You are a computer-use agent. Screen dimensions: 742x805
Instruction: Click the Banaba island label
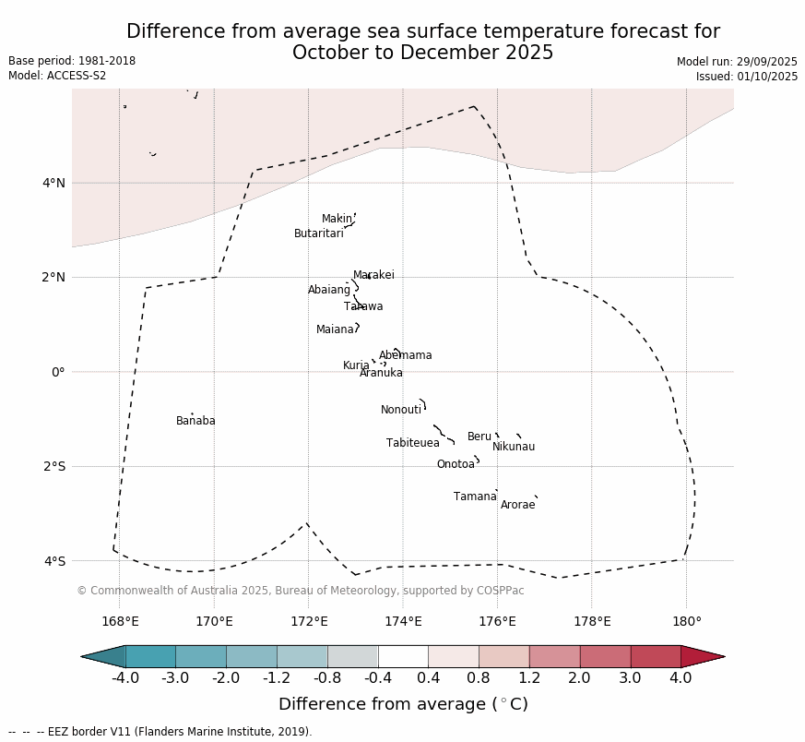pos(195,422)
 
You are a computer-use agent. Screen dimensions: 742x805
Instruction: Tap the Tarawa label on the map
pos(363,307)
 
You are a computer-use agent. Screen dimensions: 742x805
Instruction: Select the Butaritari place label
pos(318,234)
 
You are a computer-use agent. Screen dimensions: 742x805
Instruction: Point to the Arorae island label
pos(517,506)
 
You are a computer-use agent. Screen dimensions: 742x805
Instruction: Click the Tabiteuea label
pos(412,444)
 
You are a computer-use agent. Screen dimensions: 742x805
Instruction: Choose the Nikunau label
pos(513,448)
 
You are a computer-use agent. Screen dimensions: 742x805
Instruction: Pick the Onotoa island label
pos(456,465)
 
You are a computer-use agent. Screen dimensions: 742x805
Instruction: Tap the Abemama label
pos(405,356)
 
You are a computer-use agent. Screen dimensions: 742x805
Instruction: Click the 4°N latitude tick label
pos(53,183)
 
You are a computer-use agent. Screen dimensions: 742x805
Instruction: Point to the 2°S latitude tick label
pos(53,467)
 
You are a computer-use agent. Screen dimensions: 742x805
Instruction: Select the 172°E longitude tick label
pos(309,622)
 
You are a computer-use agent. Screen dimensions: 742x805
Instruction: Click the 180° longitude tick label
pos(686,622)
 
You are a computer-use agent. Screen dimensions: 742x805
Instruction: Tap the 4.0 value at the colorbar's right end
pos(681,679)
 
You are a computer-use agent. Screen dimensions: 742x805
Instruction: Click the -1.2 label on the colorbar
pos(277,679)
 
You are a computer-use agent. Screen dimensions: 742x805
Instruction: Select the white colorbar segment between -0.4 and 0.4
pos(403,656)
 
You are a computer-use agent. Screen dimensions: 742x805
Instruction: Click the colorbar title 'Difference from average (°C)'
pos(403,705)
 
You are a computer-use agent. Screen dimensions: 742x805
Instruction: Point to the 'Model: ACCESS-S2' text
pos(57,76)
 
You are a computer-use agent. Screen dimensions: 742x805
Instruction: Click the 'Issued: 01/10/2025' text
pos(746,77)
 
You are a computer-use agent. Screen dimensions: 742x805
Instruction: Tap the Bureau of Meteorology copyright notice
pos(300,591)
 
